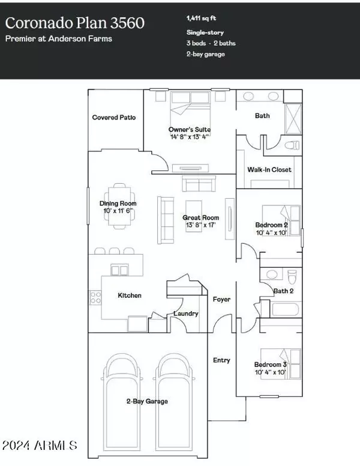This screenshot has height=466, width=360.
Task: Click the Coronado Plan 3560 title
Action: pyautogui.click(x=75, y=23)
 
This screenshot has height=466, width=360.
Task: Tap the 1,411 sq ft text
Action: pyautogui.click(x=201, y=18)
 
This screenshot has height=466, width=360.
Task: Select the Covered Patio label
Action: pyautogui.click(x=114, y=117)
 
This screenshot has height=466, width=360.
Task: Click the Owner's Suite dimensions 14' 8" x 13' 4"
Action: pyautogui.click(x=190, y=137)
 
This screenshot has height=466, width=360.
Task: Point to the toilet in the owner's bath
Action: pyautogui.click(x=292, y=145)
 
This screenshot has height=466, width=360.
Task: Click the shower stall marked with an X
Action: pyautogui.click(x=293, y=118)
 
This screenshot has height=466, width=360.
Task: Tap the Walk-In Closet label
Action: pyautogui.click(x=269, y=170)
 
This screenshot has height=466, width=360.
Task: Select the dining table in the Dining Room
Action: pyautogui.click(x=119, y=206)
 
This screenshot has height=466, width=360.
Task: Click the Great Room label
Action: pyautogui.click(x=201, y=217)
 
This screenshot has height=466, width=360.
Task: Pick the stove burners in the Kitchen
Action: pyautogui.click(x=95, y=297)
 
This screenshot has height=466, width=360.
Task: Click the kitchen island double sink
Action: pyautogui.click(x=120, y=270)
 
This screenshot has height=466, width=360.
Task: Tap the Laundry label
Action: pyautogui.click(x=186, y=313)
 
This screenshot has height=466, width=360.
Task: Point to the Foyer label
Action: pyautogui.click(x=221, y=299)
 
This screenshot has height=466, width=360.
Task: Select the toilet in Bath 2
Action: pyautogui.click(x=292, y=276)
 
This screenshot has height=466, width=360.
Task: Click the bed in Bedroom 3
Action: pyautogui.click(x=281, y=364)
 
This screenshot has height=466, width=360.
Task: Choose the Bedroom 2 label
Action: pyautogui.click(x=271, y=225)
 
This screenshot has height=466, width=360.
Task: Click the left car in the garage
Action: pyautogui.click(x=122, y=401)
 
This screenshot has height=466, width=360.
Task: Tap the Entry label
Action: pyautogui.click(x=221, y=360)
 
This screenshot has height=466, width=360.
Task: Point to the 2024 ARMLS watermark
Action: pyautogui.click(x=40, y=445)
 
